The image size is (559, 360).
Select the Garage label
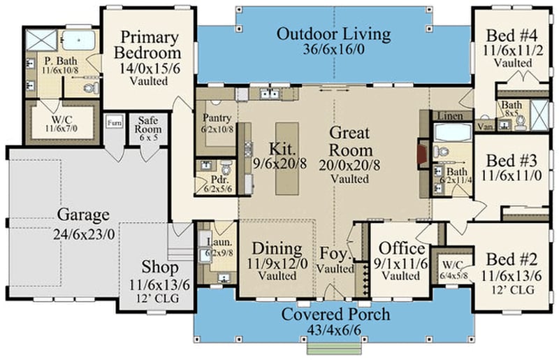pos(83,214)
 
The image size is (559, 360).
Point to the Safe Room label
pos(147,124)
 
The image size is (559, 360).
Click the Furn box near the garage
pos(114,123)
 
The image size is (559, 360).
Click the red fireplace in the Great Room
pos(422,154)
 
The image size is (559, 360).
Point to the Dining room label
pos(277,249)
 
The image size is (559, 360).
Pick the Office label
pos(401,249)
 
